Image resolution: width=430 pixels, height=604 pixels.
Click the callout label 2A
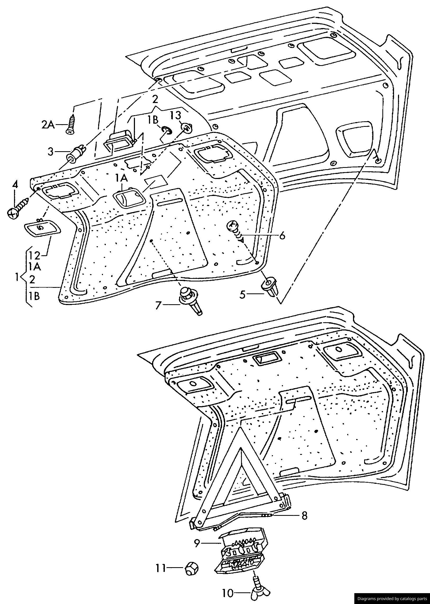point(48,124)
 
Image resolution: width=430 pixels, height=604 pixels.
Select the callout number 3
point(51,152)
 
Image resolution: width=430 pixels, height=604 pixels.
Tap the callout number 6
point(282,235)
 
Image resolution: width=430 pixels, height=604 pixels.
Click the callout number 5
point(243,294)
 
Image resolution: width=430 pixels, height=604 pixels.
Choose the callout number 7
point(158,306)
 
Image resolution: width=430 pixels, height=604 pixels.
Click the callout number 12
point(34,256)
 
